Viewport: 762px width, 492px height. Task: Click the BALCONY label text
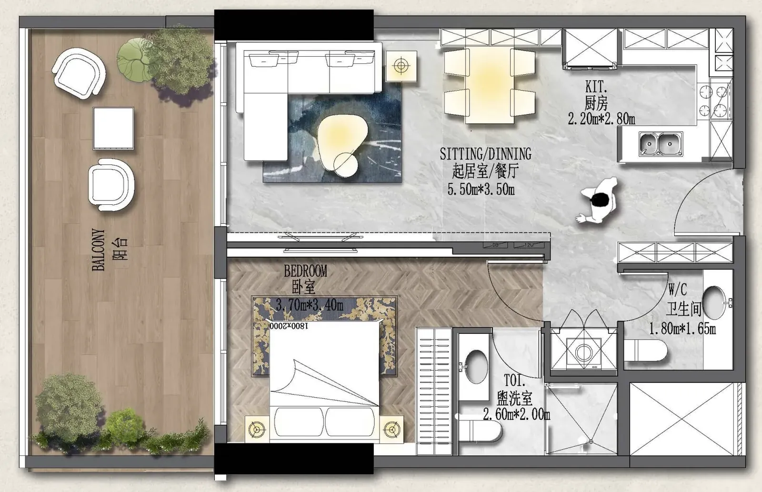click(x=98, y=250)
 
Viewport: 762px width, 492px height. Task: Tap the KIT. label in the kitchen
click(x=596, y=87)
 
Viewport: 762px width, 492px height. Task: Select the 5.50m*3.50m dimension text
click(x=481, y=189)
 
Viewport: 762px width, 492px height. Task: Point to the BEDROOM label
click(x=305, y=271)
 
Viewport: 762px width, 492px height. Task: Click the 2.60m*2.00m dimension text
click(x=516, y=414)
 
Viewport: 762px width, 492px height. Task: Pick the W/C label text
click(x=677, y=290)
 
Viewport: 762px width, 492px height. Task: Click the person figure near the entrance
click(x=597, y=200)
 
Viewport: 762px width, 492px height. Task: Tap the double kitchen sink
click(x=661, y=144)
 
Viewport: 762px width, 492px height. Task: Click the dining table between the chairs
click(x=489, y=85)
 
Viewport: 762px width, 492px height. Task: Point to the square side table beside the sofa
click(x=401, y=66)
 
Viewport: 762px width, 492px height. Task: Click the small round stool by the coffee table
click(x=346, y=165)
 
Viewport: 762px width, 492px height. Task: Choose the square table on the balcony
click(x=113, y=129)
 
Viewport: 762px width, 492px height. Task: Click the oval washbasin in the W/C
click(x=714, y=302)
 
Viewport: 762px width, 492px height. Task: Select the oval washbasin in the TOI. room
click(x=476, y=366)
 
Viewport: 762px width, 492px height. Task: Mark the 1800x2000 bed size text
click(x=289, y=326)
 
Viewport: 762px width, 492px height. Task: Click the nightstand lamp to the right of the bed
click(x=391, y=430)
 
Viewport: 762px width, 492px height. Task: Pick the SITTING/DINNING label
click(x=485, y=154)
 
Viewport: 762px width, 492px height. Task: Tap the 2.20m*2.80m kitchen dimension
click(x=602, y=119)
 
